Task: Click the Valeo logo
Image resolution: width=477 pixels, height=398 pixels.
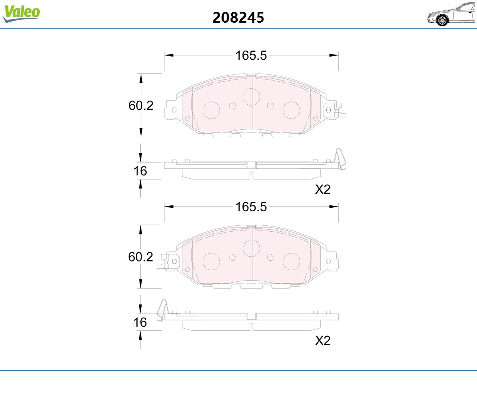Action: click(x=21, y=14)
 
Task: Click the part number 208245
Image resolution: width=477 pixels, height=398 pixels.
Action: click(x=238, y=18)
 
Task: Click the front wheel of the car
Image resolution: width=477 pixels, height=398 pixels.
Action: click(x=442, y=20)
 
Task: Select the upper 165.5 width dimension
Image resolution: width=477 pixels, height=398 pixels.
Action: click(x=251, y=55)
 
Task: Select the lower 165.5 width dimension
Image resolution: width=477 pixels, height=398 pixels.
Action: click(x=251, y=207)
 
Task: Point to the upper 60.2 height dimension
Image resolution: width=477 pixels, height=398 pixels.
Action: click(x=141, y=105)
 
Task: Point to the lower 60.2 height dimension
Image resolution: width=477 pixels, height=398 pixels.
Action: click(x=140, y=257)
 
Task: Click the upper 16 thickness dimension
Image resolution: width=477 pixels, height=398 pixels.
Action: click(x=140, y=171)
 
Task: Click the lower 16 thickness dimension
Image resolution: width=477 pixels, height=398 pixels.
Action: click(x=140, y=322)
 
